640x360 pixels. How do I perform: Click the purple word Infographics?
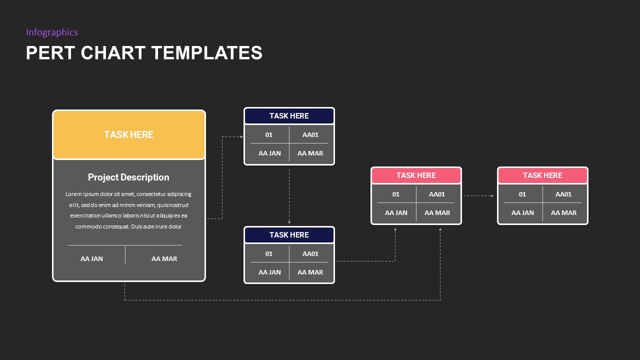click(x=52, y=32)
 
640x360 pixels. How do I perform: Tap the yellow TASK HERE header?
click(x=128, y=134)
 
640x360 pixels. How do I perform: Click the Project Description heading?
click(x=128, y=177)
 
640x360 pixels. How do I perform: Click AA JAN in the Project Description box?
click(x=91, y=259)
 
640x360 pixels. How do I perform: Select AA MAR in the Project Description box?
click(x=164, y=259)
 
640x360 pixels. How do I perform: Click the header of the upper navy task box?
click(x=289, y=116)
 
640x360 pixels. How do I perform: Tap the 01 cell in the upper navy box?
click(x=269, y=135)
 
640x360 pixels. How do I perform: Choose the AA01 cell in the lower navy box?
click(x=310, y=254)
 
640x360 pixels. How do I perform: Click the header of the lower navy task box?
click(x=289, y=235)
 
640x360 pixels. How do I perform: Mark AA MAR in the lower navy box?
click(x=310, y=272)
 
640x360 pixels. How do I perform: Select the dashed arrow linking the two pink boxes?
click(x=478, y=196)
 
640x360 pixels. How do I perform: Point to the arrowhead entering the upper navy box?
click(x=240, y=136)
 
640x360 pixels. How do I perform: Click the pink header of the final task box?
click(x=542, y=175)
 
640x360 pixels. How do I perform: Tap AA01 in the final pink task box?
click(x=563, y=194)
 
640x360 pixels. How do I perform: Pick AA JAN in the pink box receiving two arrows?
click(x=396, y=213)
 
